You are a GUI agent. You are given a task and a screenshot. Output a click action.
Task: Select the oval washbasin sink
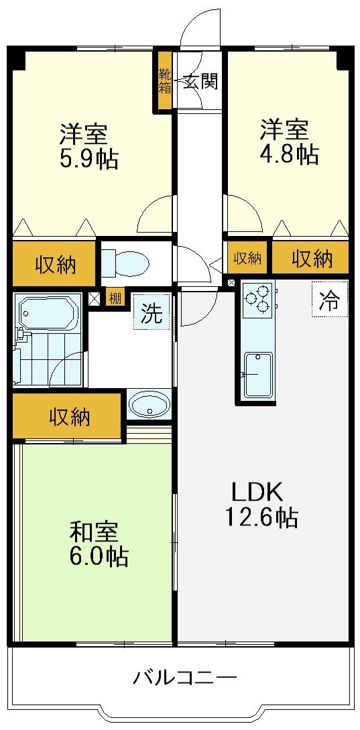point(149,405)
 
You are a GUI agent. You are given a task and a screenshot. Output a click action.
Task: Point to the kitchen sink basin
point(257,375)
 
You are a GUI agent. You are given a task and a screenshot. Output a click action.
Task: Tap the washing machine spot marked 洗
point(152,312)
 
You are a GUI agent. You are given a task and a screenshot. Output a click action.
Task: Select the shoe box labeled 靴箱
point(165,81)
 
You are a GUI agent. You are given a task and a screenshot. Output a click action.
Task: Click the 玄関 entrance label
point(200,82)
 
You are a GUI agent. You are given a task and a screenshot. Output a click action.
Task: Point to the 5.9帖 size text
point(88,159)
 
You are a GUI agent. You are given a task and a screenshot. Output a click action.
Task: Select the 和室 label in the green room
point(95,533)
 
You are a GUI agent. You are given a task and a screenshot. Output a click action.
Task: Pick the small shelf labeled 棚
point(115,298)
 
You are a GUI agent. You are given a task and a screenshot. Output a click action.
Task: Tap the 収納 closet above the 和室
point(68,416)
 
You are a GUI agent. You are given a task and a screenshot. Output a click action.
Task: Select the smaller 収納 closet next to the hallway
point(247,257)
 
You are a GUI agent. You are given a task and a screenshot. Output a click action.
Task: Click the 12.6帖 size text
point(261,517)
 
